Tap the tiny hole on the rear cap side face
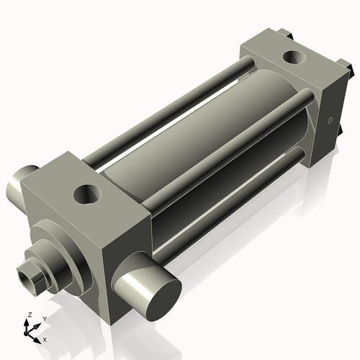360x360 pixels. [330, 120]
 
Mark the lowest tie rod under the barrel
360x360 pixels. [230, 198]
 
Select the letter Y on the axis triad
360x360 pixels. [44, 318]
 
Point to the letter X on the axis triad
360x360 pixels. [45, 338]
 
